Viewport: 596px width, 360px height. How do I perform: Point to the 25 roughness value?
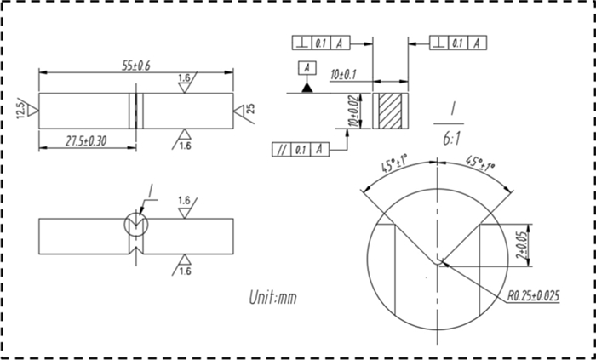[250, 111]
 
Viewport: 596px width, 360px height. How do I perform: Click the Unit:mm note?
[272, 298]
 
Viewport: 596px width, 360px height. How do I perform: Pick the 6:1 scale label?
[454, 136]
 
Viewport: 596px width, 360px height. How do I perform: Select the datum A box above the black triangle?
[305, 67]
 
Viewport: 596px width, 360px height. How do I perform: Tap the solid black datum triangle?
[305, 87]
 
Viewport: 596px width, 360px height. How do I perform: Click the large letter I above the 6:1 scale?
[455, 108]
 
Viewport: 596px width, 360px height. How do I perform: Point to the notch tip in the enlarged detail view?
[439, 260]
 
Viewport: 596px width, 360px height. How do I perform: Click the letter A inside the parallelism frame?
[319, 150]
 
